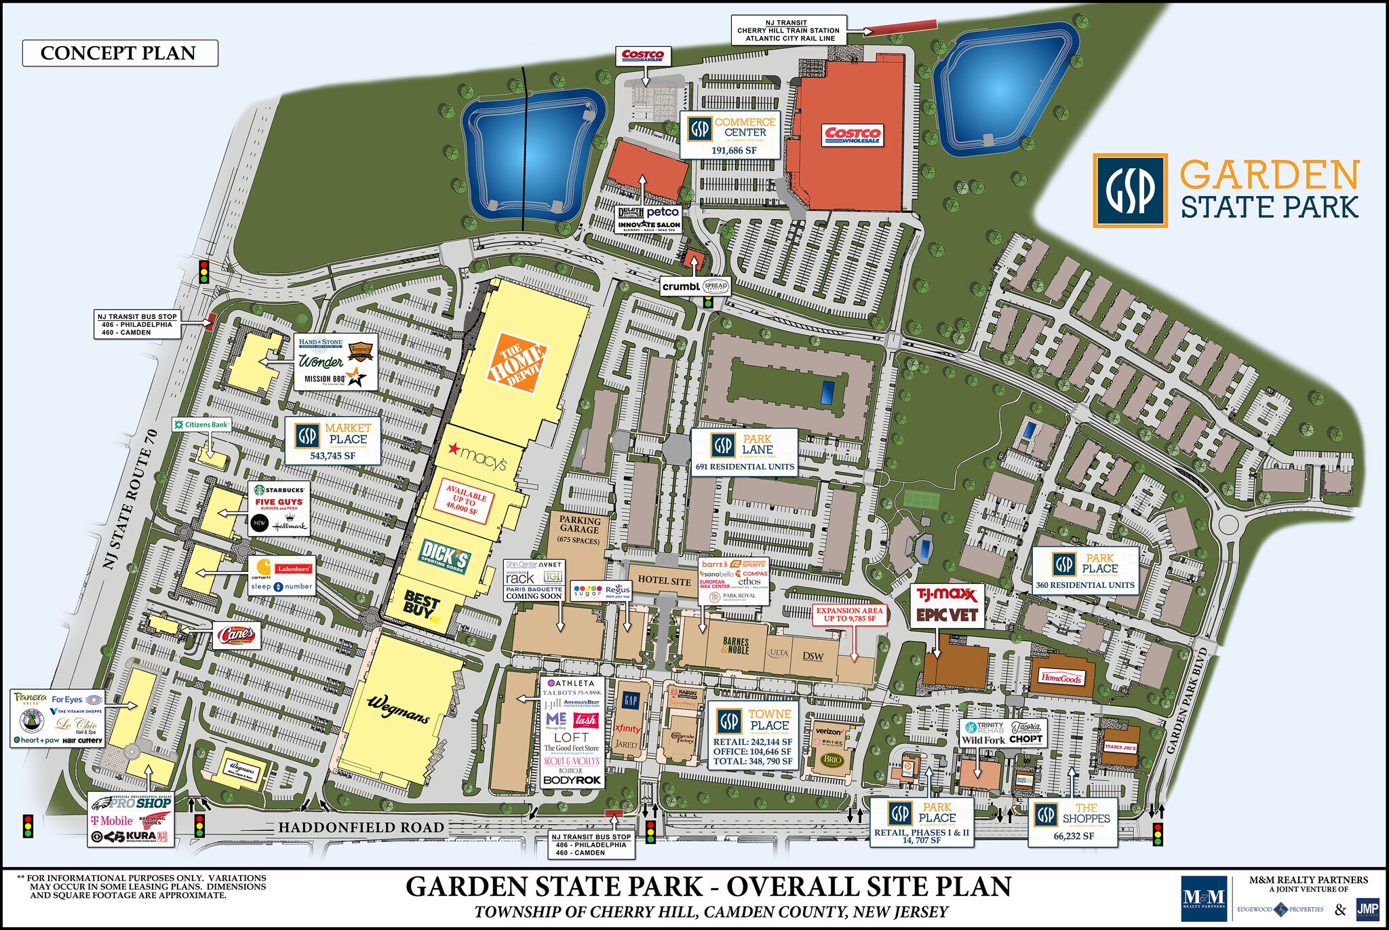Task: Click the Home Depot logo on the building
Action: point(516,364)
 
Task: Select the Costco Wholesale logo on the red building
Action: point(853,135)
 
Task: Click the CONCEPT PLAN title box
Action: point(119,53)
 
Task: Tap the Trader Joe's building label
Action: point(1120,747)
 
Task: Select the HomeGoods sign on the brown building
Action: point(1061,678)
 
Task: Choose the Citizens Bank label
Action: point(201,425)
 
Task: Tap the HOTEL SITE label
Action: point(663,581)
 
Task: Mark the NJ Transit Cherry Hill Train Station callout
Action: point(788,31)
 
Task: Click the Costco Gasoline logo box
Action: point(642,55)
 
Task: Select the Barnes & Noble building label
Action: point(736,645)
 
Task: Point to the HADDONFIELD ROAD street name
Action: point(361,828)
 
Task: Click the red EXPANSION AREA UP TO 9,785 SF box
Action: point(849,615)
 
